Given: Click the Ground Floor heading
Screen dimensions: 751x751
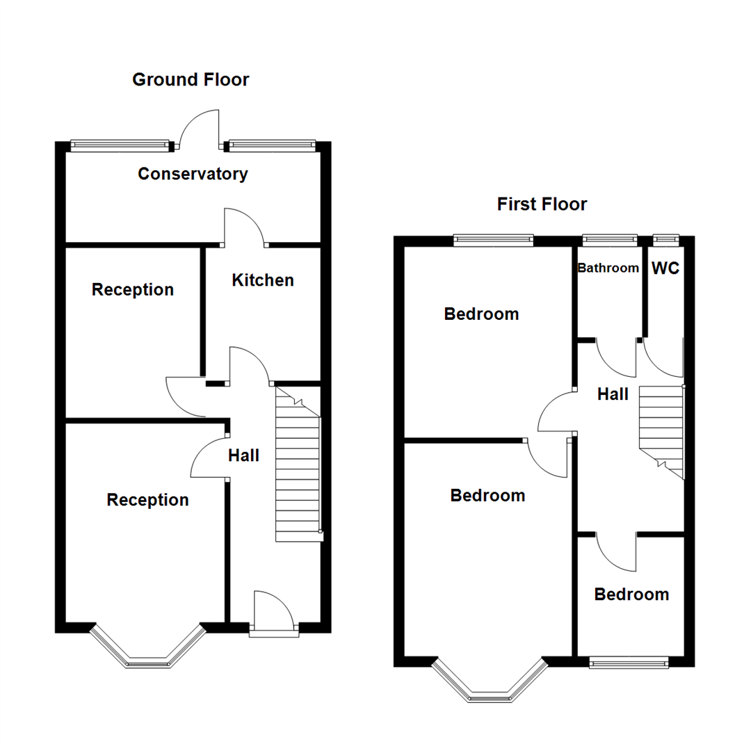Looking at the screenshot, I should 191,80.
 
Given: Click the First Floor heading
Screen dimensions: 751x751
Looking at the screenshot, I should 542,204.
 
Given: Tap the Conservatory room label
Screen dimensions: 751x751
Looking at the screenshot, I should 193,174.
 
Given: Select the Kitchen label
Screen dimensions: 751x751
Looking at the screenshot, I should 262,280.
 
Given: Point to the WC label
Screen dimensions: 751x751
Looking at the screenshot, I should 665,268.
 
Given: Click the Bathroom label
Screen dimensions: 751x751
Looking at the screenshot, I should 608,268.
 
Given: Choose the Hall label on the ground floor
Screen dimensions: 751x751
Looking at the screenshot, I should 243,455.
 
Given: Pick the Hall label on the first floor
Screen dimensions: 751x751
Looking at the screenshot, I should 613,395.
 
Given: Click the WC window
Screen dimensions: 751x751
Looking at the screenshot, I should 666,240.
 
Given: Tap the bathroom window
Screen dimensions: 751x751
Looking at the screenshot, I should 609,240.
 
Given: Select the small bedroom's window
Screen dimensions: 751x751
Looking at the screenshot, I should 629,663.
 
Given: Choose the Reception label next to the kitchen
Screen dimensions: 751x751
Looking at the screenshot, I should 132,289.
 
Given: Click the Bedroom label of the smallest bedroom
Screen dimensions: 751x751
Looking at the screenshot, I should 631,595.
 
